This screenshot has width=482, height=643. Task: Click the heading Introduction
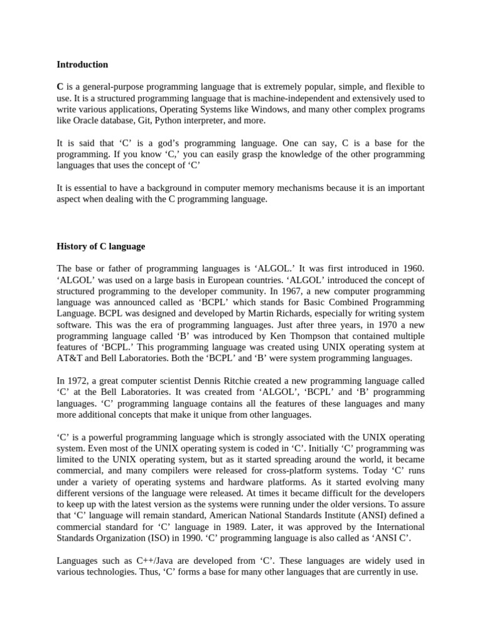click(82, 64)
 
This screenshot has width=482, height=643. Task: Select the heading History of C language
click(101, 246)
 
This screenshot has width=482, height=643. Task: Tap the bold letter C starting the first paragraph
click(60, 86)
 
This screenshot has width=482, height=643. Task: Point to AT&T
click(70, 359)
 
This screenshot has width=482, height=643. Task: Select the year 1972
click(78, 381)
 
